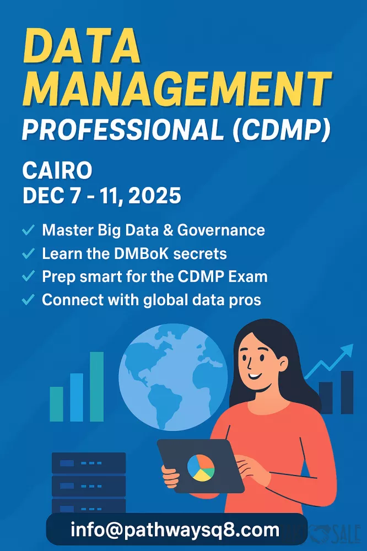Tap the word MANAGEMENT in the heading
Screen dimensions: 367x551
(x=177, y=89)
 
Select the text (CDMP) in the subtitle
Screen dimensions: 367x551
(x=281, y=129)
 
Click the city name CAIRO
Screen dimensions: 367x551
(x=57, y=170)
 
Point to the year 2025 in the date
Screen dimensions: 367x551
(x=155, y=196)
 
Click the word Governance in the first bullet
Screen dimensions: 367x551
(x=221, y=230)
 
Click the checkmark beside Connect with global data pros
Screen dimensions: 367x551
(x=28, y=300)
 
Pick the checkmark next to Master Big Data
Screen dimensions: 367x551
(x=28, y=230)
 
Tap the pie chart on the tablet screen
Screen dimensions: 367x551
(x=201, y=468)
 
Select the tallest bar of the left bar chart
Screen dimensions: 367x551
(x=96, y=387)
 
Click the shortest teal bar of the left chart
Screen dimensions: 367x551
(x=57, y=404)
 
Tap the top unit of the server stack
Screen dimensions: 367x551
(x=89, y=463)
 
